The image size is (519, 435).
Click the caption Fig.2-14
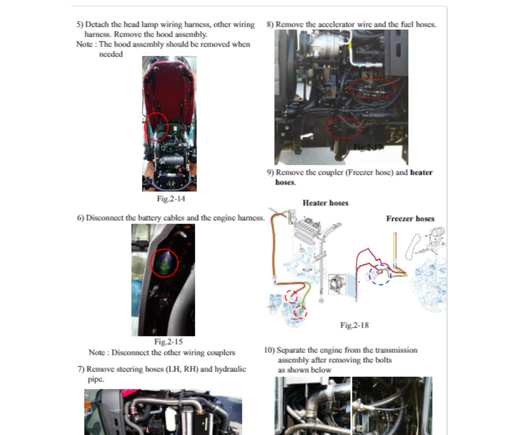[171, 199]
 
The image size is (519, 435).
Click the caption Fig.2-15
[168, 342]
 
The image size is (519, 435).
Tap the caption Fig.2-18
[354, 325]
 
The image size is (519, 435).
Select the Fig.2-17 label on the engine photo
[367, 147]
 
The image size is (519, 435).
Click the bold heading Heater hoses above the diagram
[325, 203]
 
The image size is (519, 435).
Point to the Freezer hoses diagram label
[410, 219]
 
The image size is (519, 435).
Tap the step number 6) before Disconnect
[81, 218]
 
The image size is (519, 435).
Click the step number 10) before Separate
[269, 350]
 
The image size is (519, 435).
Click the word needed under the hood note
[111, 54]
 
